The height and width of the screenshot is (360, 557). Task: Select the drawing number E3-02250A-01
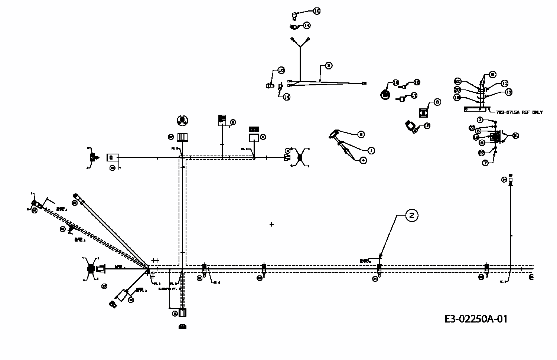coord(475,319)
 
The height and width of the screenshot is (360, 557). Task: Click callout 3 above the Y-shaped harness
coord(328,66)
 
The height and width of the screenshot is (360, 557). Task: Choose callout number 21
coord(515,136)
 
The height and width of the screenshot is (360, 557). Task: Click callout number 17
coord(414,96)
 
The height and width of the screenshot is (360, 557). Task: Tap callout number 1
coord(371,151)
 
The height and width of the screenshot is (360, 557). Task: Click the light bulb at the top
coord(295,16)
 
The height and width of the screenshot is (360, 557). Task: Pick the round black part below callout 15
coord(385,95)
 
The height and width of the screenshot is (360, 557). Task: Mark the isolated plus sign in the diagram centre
coord(271,224)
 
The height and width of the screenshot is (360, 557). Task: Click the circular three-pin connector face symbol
coord(182,120)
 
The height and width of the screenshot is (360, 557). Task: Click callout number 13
coord(509,92)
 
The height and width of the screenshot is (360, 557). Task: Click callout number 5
coord(492,75)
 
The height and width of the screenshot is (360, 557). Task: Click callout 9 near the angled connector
coord(361,134)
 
